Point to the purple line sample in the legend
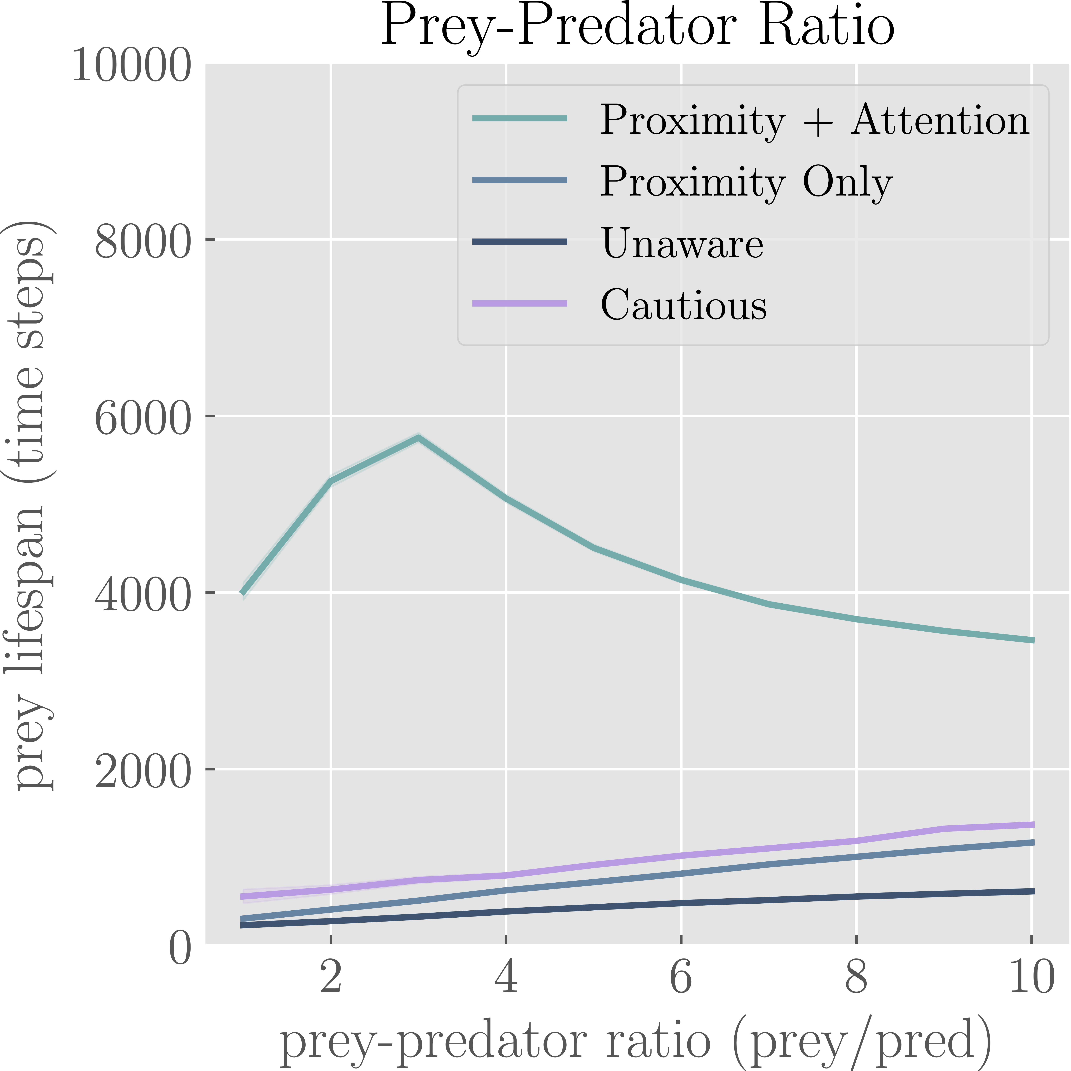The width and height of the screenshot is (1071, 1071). [520, 303]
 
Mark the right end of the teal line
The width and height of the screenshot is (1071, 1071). [1032, 640]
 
